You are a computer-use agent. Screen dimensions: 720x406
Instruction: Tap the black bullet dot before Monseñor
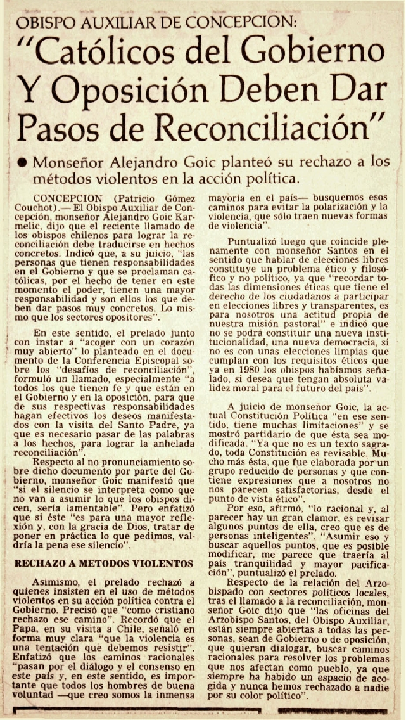pyautogui.click(x=22, y=162)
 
